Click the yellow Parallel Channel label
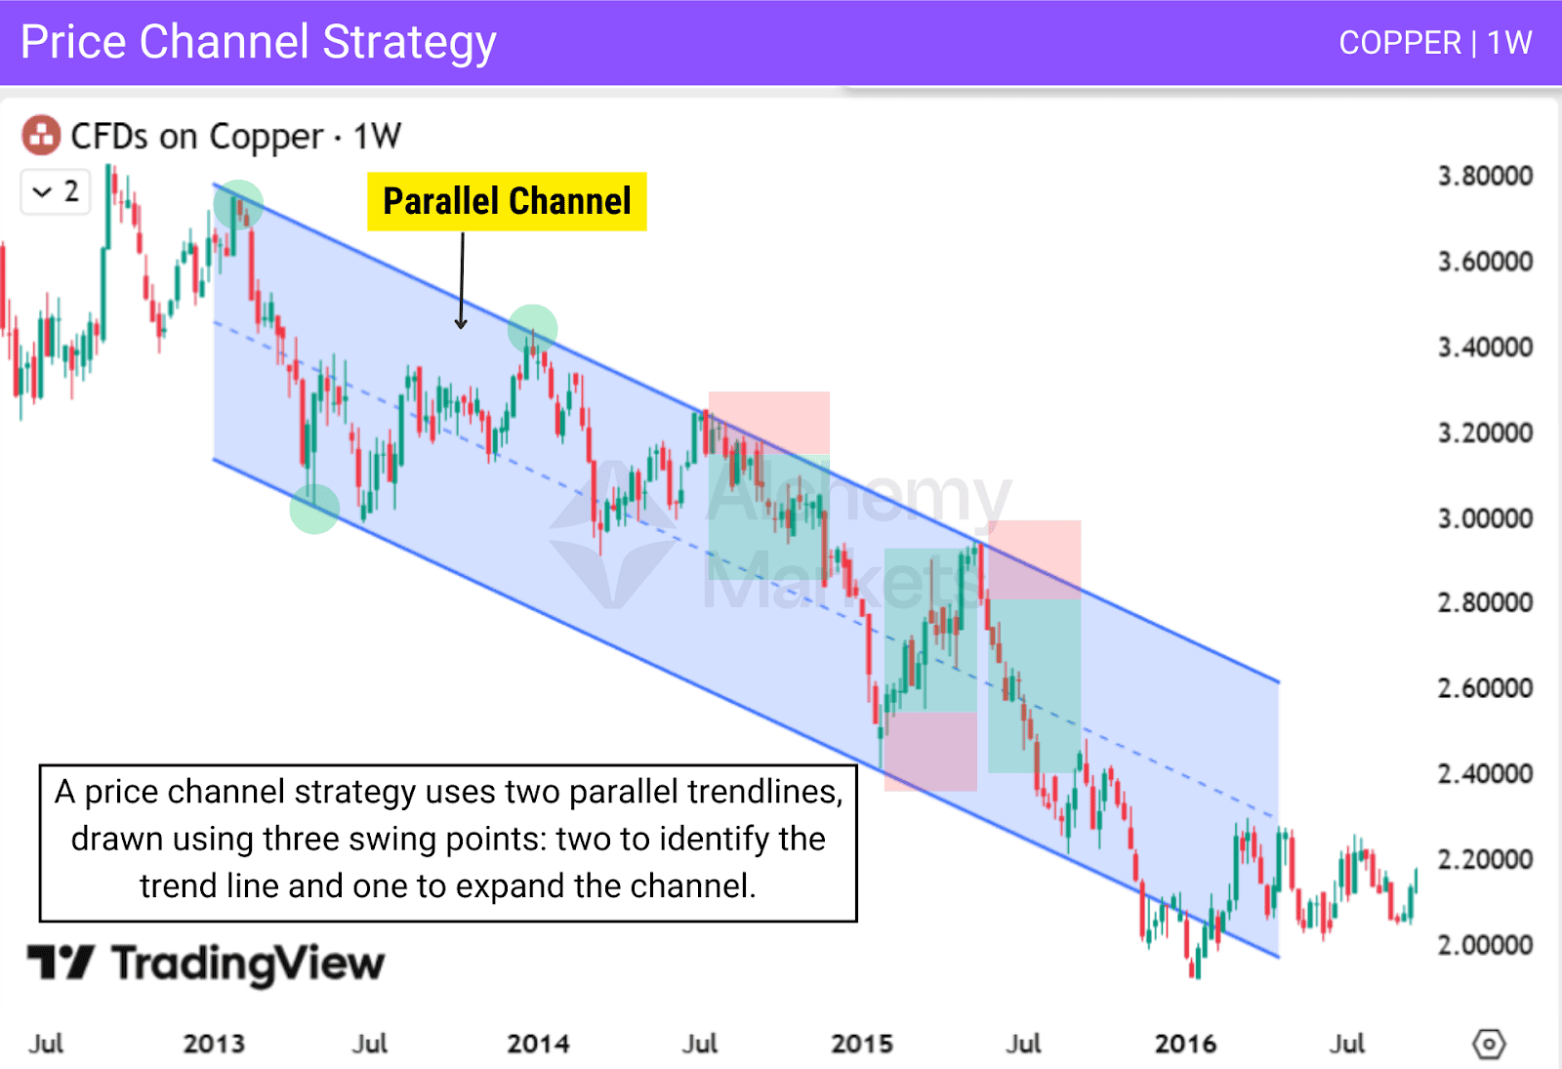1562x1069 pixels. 507,201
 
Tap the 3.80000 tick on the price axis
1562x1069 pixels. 1484,176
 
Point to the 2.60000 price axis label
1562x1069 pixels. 1484,688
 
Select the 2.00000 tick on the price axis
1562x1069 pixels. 1484,945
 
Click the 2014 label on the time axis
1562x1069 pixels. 538,1044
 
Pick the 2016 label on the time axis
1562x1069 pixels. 1185,1044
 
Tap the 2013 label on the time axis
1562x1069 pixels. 214,1044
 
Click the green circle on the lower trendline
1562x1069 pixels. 314,509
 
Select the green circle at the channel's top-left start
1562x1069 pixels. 238,204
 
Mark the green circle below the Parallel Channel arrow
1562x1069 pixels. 533,329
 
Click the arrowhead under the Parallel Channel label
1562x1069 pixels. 461,324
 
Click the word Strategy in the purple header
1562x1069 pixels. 409,43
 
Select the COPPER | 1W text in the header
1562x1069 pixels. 1434,43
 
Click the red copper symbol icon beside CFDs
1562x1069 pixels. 41,136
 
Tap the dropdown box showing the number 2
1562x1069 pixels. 56,191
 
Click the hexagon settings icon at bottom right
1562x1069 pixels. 1488,1044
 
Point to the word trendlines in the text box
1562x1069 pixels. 764,792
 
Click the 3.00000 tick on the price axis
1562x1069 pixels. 1484,517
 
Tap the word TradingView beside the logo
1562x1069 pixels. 248,964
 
